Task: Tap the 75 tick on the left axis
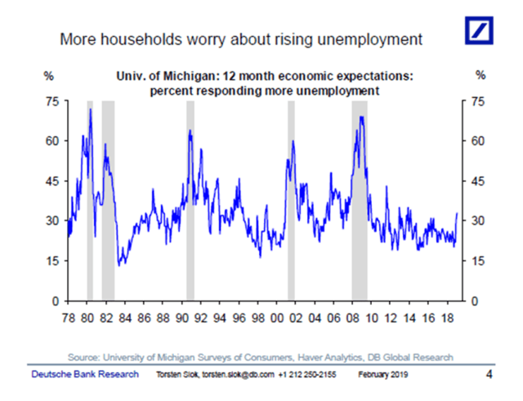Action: pyautogui.click(x=51, y=101)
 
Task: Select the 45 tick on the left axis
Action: pyautogui.click(x=51, y=181)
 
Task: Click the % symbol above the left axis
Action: pyautogui.click(x=48, y=76)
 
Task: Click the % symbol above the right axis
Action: pyautogui.click(x=481, y=76)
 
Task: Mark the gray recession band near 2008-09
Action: pyautogui.click(x=360, y=204)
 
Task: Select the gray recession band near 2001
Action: pyautogui.click(x=291, y=204)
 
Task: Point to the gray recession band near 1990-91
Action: pyautogui.click(x=190, y=204)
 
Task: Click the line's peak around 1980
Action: pyautogui.click(x=90, y=109)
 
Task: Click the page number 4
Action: pyautogui.click(x=489, y=375)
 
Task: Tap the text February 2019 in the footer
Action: pyautogui.click(x=385, y=375)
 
